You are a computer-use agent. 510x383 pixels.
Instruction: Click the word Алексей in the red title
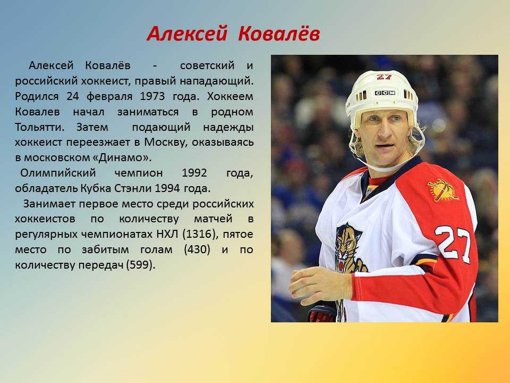(186, 34)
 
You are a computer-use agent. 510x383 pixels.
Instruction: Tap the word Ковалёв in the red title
(279, 34)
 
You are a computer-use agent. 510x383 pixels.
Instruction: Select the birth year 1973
(152, 96)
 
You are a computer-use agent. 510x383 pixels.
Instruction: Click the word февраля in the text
(109, 97)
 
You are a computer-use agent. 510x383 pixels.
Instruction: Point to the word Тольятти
(39, 127)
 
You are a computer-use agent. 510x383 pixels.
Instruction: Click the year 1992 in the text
(194, 172)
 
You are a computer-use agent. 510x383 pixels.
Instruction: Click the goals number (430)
(197, 249)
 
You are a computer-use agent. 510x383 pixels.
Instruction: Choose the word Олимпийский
(58, 172)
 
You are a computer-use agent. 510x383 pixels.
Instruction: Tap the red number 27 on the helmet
(384, 77)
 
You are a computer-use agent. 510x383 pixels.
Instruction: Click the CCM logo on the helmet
(385, 93)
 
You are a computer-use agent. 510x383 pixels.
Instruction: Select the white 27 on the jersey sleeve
(453, 243)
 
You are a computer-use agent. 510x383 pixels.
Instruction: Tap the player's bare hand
(320, 284)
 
